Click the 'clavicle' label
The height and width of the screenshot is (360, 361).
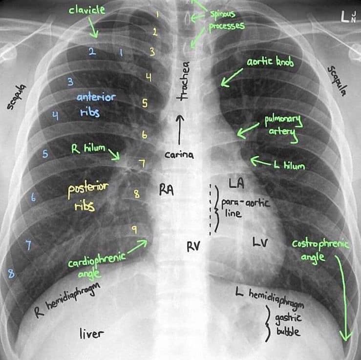tap(87, 10)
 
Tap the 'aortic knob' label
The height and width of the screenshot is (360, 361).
tap(270, 63)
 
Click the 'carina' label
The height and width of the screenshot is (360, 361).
tap(179, 155)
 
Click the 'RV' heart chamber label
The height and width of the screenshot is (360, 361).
tap(194, 247)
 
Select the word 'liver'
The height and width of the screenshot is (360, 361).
tap(92, 334)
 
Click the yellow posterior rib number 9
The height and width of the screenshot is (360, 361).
tap(134, 228)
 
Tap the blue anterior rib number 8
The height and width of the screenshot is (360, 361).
tap(11, 274)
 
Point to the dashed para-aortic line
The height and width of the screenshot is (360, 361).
tap(211, 208)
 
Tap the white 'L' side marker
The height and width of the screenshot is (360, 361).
tap(345, 18)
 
